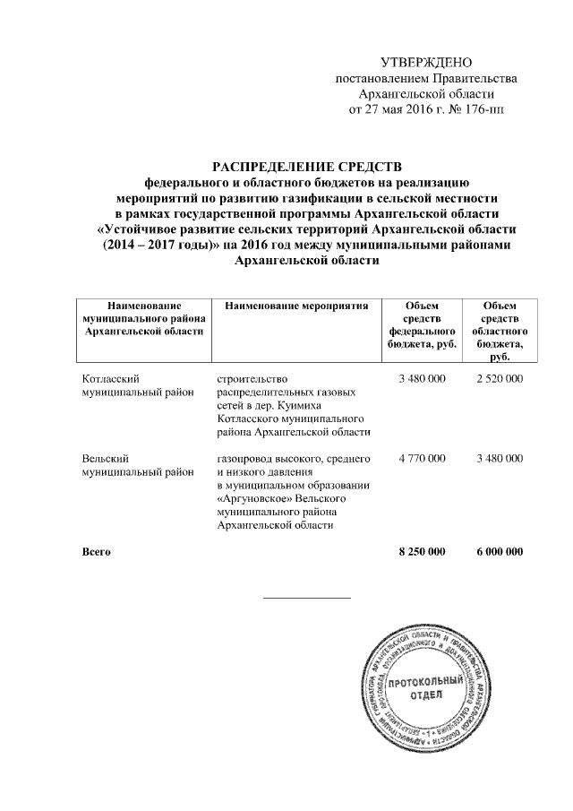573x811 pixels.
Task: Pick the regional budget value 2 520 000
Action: [500, 379]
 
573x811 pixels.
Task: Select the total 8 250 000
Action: [422, 552]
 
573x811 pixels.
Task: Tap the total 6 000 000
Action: [500, 552]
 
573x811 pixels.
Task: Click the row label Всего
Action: [96, 552]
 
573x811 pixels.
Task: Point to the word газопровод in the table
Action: [246, 459]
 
